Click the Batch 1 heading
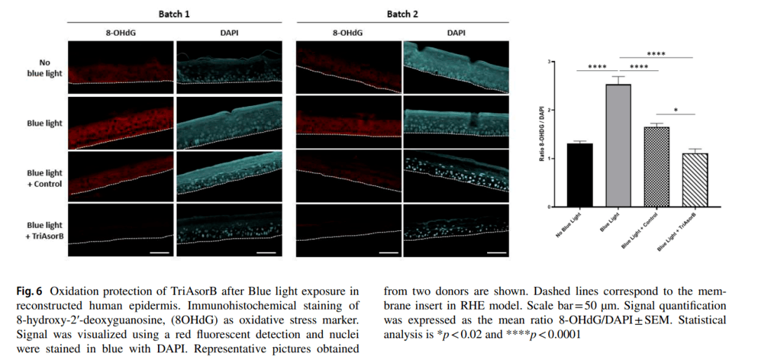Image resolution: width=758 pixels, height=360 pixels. click(x=173, y=15)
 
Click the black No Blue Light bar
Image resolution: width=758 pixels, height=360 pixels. click(x=579, y=175)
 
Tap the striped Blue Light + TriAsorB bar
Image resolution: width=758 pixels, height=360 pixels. click(x=693, y=180)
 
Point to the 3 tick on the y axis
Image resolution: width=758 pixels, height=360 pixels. click(x=550, y=62)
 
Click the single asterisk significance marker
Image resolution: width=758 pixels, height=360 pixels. click(x=674, y=110)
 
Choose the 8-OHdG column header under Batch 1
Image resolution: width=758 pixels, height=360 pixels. click(x=120, y=33)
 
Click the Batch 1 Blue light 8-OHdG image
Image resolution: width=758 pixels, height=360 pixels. click(x=121, y=123)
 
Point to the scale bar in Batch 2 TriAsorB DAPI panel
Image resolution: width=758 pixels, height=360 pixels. click(x=496, y=251)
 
